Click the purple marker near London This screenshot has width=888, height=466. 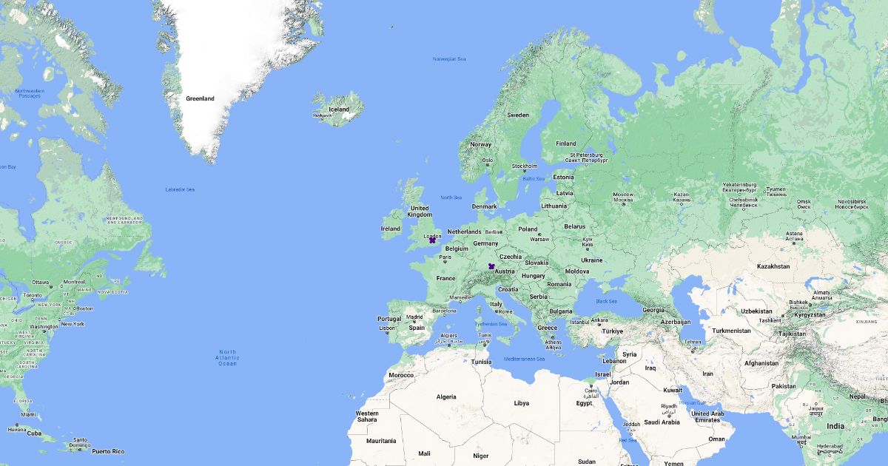coord(432,240)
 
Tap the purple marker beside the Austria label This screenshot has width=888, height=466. coord(491,266)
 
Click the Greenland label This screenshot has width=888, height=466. coord(200,98)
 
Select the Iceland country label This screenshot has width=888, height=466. coord(339,109)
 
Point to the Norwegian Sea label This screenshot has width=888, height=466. coord(449,59)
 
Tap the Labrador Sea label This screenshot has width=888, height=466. coord(180,190)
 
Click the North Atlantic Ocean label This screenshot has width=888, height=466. coord(227,358)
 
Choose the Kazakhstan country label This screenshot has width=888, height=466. coord(773,266)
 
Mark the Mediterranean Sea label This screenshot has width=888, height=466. coord(524,359)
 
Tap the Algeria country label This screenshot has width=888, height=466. coord(446,396)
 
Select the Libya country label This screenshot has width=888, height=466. coord(522,403)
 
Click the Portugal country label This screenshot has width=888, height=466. coord(389,319)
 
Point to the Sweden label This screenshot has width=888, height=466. coord(518,115)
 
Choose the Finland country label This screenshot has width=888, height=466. coord(566,143)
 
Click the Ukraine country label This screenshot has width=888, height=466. coord(591,260)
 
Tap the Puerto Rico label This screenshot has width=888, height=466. coord(108,451)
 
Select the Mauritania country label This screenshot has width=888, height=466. coord(381,441)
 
